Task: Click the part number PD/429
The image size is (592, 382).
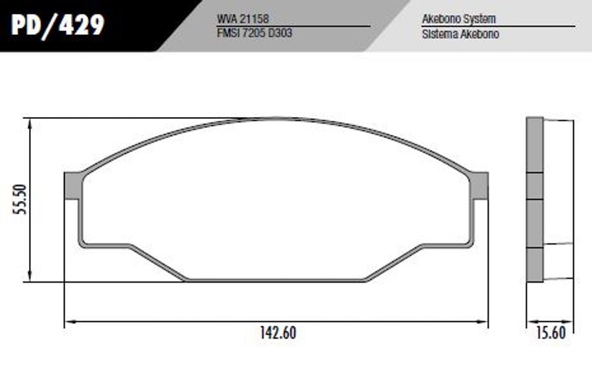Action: [57, 26]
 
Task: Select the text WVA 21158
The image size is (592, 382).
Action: [243, 18]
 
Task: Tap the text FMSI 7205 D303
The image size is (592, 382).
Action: [255, 34]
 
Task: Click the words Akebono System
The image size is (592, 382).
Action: [458, 18]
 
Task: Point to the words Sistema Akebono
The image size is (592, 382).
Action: [460, 34]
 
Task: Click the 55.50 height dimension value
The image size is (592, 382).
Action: [20, 200]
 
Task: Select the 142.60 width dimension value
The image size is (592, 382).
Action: [278, 333]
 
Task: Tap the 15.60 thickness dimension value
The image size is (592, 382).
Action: [551, 333]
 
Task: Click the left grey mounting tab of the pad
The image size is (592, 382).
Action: [72, 185]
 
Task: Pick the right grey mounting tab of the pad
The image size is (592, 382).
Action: [480, 185]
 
